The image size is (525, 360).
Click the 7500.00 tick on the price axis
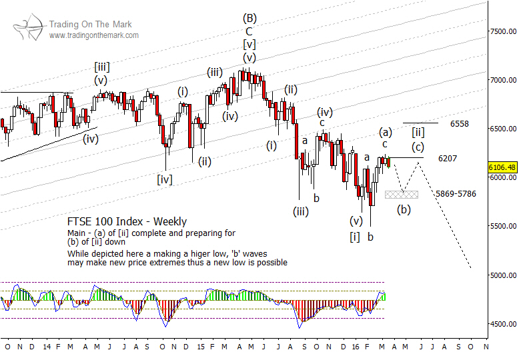[x=504, y=31]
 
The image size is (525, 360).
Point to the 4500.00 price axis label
[x=504, y=325]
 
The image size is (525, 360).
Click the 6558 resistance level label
[x=459, y=124]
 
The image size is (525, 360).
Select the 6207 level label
[x=448, y=159]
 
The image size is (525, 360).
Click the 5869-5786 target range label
[x=456, y=194]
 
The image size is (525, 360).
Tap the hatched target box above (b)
[x=402, y=194]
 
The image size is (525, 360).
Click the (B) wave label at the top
[x=249, y=18]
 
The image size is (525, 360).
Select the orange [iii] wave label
[x=102, y=66]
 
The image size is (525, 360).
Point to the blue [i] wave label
[x=356, y=236]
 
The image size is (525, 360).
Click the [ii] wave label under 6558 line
[x=418, y=132]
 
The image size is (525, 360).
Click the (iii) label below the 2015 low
[x=300, y=211]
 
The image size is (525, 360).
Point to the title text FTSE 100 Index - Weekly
[x=127, y=221]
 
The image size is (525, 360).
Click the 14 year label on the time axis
[x=46, y=347]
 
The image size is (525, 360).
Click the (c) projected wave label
[x=417, y=147]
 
